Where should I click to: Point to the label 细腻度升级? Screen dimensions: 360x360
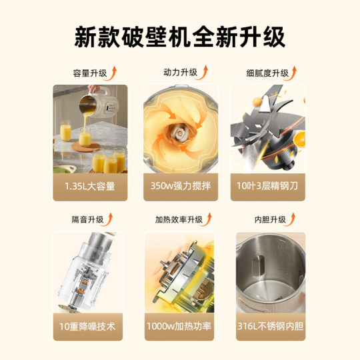(266, 73)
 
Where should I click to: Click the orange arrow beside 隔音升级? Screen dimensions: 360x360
(111, 217)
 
